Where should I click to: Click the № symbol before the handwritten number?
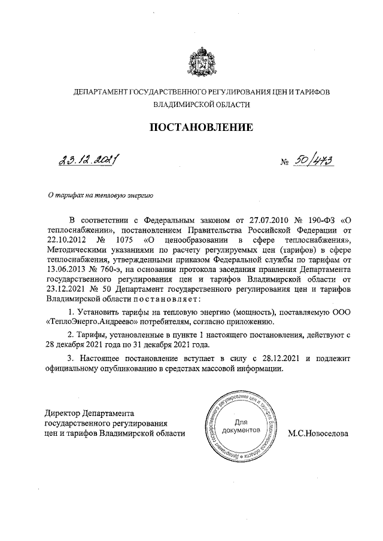286,162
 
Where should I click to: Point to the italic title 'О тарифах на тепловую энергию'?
102,194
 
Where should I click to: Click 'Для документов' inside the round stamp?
239,425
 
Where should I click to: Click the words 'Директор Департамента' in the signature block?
90,412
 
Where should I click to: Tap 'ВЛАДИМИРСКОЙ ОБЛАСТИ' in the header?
200,103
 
